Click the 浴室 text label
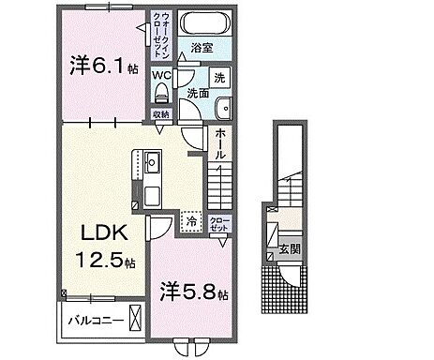201,46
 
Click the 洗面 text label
197,93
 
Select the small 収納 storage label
162,114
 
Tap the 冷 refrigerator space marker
191,222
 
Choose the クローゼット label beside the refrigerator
218,224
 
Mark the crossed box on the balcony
138,320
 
